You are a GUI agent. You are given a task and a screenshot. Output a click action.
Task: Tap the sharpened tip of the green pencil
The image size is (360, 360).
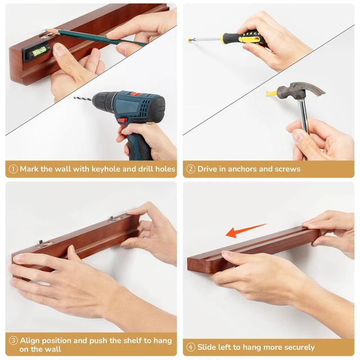click(x=46, y=30)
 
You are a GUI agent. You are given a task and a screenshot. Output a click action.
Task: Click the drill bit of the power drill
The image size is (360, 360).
click(x=83, y=99)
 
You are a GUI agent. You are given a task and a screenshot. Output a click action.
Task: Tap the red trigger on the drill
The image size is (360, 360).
click(x=123, y=121)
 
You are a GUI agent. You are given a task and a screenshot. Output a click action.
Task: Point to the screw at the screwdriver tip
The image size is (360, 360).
click(x=190, y=40)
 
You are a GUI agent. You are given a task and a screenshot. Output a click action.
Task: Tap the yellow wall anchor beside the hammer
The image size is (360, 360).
click(x=271, y=93)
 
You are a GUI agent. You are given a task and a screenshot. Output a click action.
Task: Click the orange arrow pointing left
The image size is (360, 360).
click(x=246, y=231)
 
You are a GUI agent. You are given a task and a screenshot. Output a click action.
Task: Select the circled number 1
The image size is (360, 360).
click(x=13, y=169)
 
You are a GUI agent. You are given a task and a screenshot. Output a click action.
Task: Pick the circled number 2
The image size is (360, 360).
click(x=191, y=169)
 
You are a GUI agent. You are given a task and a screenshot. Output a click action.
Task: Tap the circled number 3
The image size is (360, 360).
click(x=13, y=340)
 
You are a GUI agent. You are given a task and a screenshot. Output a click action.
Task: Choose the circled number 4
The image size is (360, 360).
click(x=191, y=348)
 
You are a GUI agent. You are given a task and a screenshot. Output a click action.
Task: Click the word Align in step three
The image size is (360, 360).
click(x=30, y=341)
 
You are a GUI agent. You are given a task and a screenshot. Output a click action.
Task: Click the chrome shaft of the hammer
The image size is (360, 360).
click(x=303, y=116)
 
